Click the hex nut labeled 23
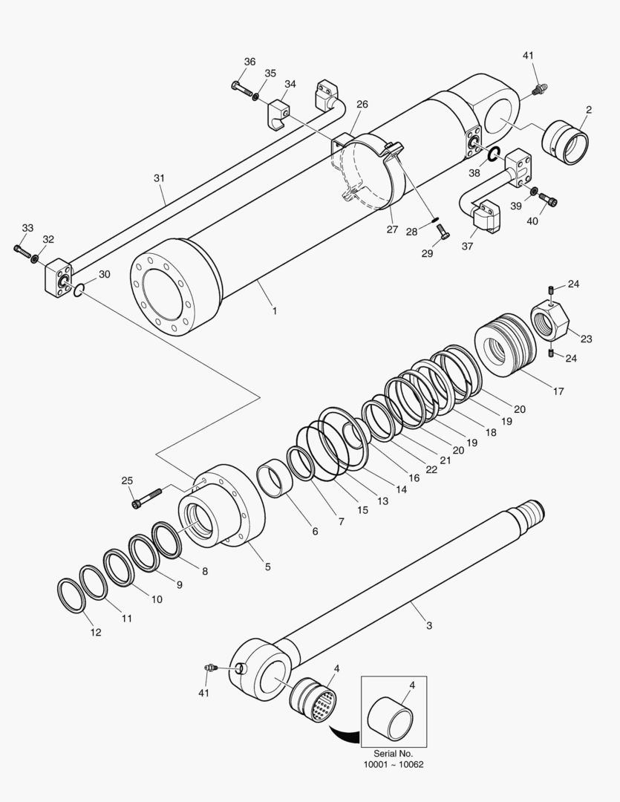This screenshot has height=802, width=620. click(x=549, y=320)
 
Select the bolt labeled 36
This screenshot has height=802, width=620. click(x=241, y=89)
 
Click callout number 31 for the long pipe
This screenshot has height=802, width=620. click(x=159, y=178)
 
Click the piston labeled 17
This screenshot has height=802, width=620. click(x=505, y=346)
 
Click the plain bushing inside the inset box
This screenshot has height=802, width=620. click(x=391, y=717)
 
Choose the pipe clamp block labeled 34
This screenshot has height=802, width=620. click(x=278, y=112)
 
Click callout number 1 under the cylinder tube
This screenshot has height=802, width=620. click(x=274, y=311)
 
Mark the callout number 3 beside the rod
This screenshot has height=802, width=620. click(x=428, y=626)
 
